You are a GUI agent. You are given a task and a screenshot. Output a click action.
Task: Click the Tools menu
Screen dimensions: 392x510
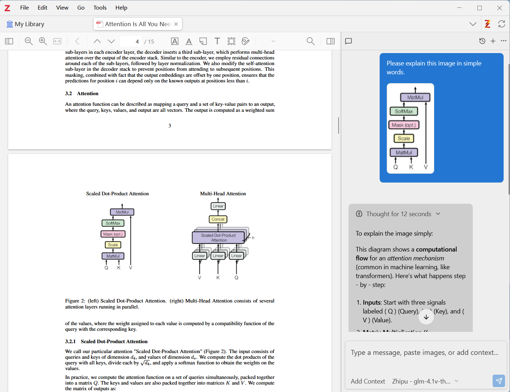tap(100, 8)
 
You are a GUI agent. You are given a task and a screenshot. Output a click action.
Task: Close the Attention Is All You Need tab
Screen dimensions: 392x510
tap(176, 24)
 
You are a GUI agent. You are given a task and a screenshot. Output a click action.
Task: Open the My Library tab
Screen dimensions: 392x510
tap(25, 24)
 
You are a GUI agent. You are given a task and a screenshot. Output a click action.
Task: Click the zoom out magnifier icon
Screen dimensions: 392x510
tap(29, 41)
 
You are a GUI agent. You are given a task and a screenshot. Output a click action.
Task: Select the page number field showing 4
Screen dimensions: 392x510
tap(131, 41)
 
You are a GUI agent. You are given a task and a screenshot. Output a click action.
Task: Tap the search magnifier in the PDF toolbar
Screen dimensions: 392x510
tap(310, 41)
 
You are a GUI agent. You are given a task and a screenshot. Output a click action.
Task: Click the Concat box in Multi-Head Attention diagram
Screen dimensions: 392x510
tap(218, 219)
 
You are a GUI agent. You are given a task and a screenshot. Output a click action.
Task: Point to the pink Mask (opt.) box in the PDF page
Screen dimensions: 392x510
tap(113, 234)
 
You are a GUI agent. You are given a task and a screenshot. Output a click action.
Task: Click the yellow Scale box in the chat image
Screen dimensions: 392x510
tap(404, 138)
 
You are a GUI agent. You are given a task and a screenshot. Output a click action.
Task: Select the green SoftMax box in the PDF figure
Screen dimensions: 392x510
tap(113, 223)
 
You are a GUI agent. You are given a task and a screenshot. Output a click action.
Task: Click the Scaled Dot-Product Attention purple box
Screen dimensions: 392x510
tap(218, 238)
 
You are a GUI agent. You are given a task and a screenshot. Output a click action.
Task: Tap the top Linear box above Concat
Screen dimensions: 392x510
tap(218, 206)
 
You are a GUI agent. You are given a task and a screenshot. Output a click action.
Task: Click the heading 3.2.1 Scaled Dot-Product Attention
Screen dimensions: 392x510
tap(106, 341)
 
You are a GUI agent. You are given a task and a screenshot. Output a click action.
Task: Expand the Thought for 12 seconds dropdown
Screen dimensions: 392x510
tap(438, 214)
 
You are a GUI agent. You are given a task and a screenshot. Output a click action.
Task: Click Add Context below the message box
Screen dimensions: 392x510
tap(368, 381)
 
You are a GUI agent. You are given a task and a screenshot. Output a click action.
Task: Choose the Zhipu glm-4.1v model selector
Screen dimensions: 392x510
tap(425, 381)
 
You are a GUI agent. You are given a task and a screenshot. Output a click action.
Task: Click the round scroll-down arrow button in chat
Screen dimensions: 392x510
tap(426, 317)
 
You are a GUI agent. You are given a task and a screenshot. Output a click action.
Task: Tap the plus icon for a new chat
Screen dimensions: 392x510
tap(493, 41)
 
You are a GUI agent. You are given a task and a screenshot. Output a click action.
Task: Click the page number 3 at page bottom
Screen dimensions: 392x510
tap(170, 126)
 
